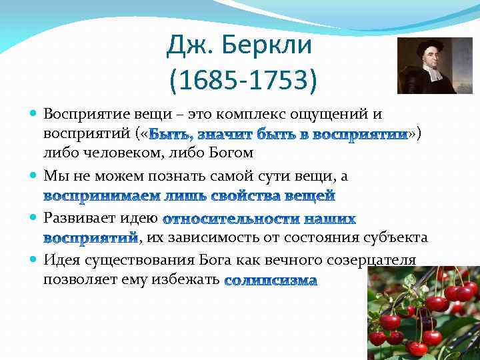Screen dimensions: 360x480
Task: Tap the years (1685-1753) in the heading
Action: click(x=243, y=81)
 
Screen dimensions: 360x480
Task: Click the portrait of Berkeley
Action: click(x=425, y=65)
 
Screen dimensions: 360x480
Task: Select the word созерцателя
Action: click(x=363, y=259)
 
